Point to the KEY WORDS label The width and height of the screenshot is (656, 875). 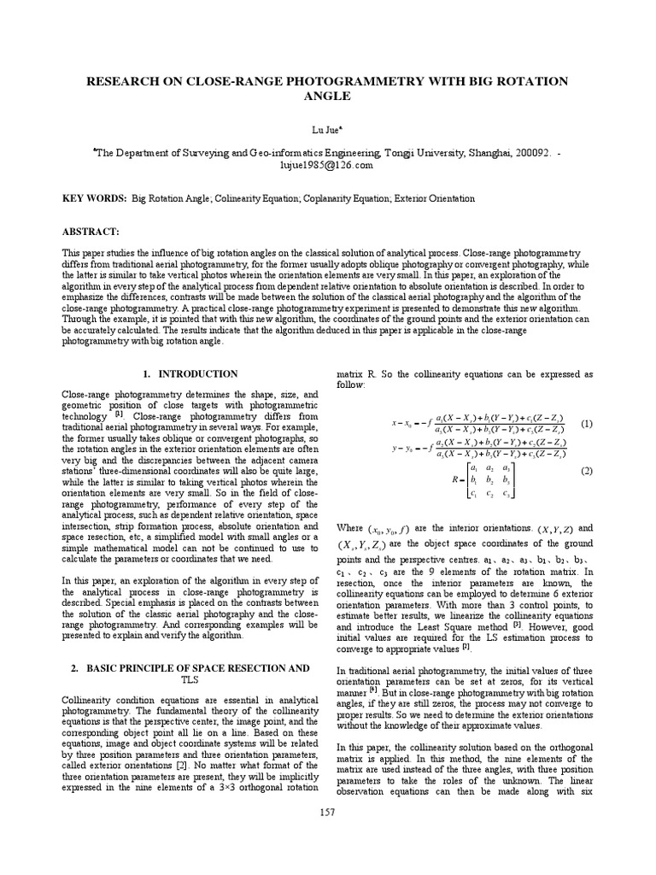coord(93,198)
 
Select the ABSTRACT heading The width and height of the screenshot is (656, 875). coord(91,232)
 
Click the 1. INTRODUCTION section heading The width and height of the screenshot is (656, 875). coord(190,374)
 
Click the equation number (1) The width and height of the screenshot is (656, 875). coord(586,424)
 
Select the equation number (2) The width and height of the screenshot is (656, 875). coord(586,472)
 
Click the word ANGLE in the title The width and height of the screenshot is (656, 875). coord(328,97)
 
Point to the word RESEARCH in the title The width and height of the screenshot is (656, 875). coord(126,81)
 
